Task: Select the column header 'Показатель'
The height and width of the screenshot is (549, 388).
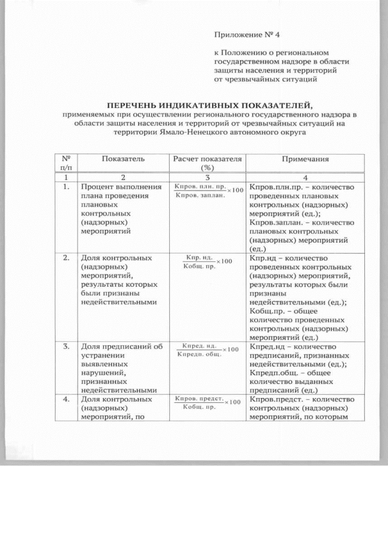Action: click(x=123, y=159)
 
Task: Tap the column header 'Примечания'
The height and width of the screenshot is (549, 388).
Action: click(x=305, y=159)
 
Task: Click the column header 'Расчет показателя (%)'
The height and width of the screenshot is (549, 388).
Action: click(x=208, y=163)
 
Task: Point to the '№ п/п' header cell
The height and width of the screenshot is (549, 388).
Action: click(x=65, y=163)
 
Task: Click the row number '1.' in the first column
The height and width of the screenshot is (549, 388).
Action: click(x=65, y=187)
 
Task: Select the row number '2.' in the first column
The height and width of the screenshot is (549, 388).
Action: click(x=65, y=258)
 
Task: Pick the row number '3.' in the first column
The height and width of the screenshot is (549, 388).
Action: click(x=65, y=346)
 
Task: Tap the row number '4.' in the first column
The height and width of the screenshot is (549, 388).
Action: click(x=65, y=399)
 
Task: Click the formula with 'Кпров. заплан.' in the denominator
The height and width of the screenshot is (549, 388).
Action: click(x=208, y=190)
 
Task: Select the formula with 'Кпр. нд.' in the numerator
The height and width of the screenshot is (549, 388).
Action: click(x=208, y=261)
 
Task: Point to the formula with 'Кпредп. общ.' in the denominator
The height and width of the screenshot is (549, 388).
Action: click(x=208, y=350)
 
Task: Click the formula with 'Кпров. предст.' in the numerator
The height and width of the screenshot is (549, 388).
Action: click(x=208, y=402)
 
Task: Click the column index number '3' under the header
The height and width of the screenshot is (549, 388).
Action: click(x=207, y=177)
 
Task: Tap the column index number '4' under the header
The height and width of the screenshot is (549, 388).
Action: click(x=305, y=177)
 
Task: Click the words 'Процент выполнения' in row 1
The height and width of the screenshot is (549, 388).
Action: click(x=121, y=187)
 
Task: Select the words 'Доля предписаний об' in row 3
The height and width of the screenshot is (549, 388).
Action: click(x=122, y=346)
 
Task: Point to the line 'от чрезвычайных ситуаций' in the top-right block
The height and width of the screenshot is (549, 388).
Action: click(x=265, y=79)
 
